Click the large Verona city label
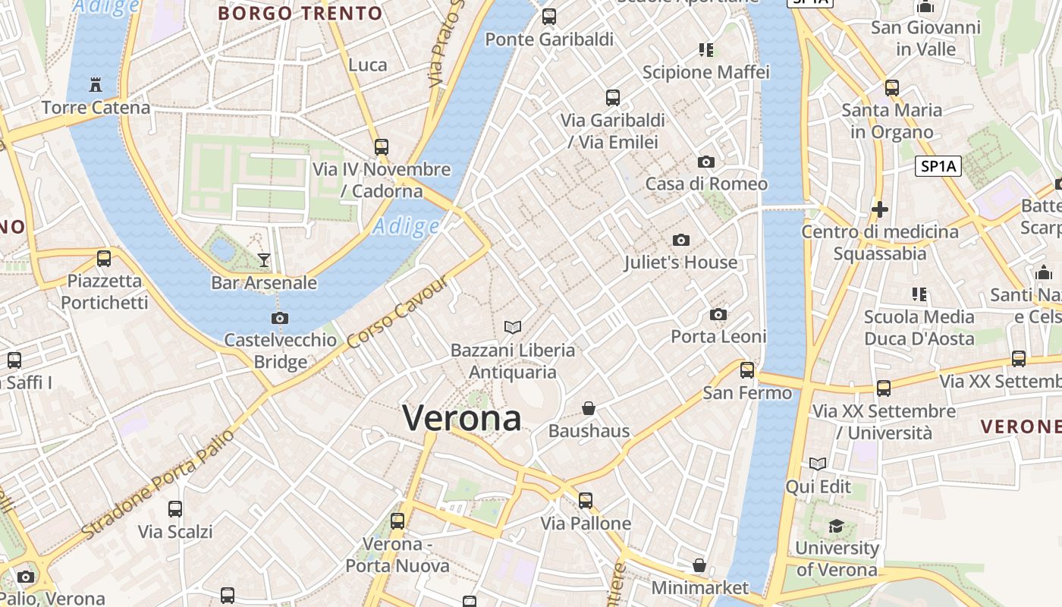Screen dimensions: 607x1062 point(462,418)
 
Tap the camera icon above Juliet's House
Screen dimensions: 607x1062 point(681,241)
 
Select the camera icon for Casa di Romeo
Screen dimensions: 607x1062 point(706,162)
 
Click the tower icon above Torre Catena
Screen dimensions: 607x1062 point(96,84)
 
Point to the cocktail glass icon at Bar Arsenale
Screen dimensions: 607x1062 point(263,260)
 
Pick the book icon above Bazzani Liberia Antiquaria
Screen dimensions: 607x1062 point(513,327)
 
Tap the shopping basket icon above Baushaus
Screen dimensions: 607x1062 point(589,408)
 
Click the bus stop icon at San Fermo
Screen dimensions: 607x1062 point(747,370)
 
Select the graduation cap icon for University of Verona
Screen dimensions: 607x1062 point(836,526)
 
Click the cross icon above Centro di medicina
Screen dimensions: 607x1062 point(880,209)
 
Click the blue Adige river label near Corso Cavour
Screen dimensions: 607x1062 point(407,226)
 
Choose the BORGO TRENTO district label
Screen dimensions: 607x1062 point(300,13)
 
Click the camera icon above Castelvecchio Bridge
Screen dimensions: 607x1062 point(280,318)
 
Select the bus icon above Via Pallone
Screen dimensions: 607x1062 point(586,501)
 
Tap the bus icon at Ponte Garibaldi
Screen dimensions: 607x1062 point(549,16)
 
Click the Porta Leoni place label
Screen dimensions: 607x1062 point(718,336)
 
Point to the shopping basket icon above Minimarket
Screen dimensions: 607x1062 point(699,565)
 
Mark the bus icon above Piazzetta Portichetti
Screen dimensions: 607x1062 point(104,259)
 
